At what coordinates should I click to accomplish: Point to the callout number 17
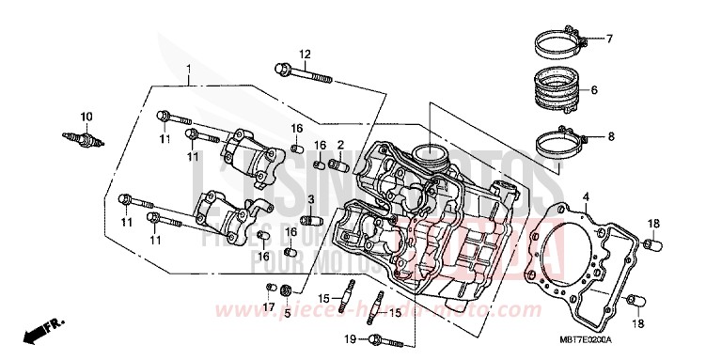click(x=269, y=306)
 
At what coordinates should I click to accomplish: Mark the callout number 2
click(x=340, y=145)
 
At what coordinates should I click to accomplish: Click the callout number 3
click(x=310, y=198)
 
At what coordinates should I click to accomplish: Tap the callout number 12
click(x=304, y=53)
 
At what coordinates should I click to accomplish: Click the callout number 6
click(x=594, y=91)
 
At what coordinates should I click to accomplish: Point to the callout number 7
click(x=608, y=39)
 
